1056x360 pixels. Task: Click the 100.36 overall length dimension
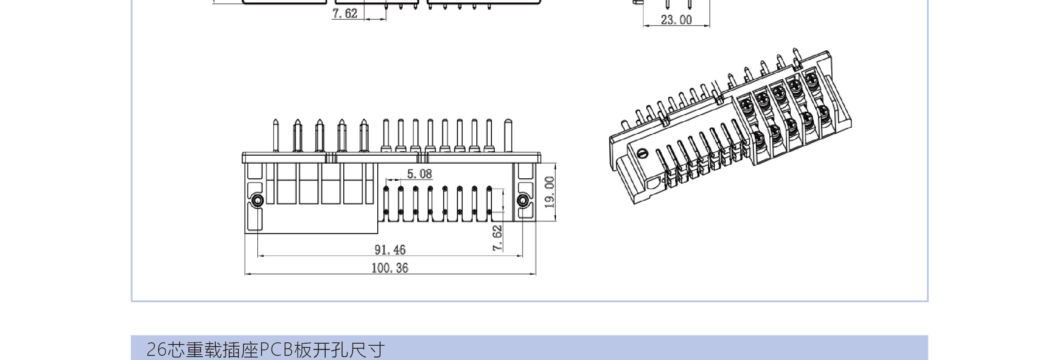point(389,268)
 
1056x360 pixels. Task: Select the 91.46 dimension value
point(390,250)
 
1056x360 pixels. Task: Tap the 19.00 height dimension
point(549,192)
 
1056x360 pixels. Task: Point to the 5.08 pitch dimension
point(419,174)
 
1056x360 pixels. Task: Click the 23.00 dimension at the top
point(676,20)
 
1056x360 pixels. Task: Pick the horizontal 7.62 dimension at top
point(345,13)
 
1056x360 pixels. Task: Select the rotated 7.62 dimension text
point(497,238)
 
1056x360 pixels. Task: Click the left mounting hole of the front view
point(257,201)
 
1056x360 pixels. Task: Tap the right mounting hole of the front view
point(523,201)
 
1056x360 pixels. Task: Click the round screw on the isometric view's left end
point(642,153)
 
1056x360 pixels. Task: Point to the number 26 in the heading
point(157,349)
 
